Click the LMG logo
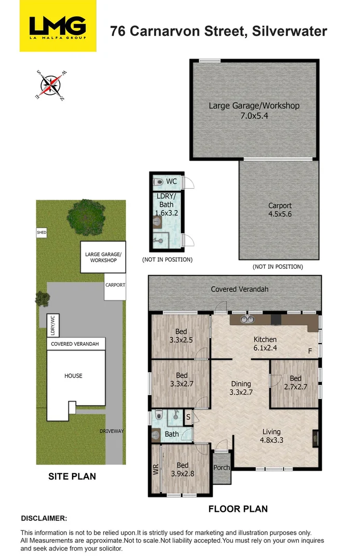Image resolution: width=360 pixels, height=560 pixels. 58,26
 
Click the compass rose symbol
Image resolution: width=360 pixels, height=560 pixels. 51,86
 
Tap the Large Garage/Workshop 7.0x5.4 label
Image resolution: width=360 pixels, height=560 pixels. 254,111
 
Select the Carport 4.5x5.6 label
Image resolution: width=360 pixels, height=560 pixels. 280,210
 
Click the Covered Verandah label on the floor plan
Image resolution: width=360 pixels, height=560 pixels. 240,289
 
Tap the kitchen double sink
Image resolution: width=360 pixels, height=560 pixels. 247,319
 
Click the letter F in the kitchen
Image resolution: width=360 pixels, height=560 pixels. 310,351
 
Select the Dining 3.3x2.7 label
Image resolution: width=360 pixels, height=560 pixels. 241,388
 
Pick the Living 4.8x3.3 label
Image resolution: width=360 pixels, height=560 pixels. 271,436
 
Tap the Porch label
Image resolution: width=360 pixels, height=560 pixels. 221,468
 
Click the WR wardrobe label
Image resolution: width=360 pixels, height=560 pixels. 156,469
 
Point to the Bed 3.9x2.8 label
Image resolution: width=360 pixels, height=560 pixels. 183,470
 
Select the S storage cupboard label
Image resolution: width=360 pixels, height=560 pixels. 188,417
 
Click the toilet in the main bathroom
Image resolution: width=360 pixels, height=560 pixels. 159,415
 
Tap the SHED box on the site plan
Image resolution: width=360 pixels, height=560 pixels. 41,232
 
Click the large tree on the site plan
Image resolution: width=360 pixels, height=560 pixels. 86,217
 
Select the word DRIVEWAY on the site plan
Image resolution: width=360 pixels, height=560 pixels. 112,431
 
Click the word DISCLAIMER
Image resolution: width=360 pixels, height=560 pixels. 44,518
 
